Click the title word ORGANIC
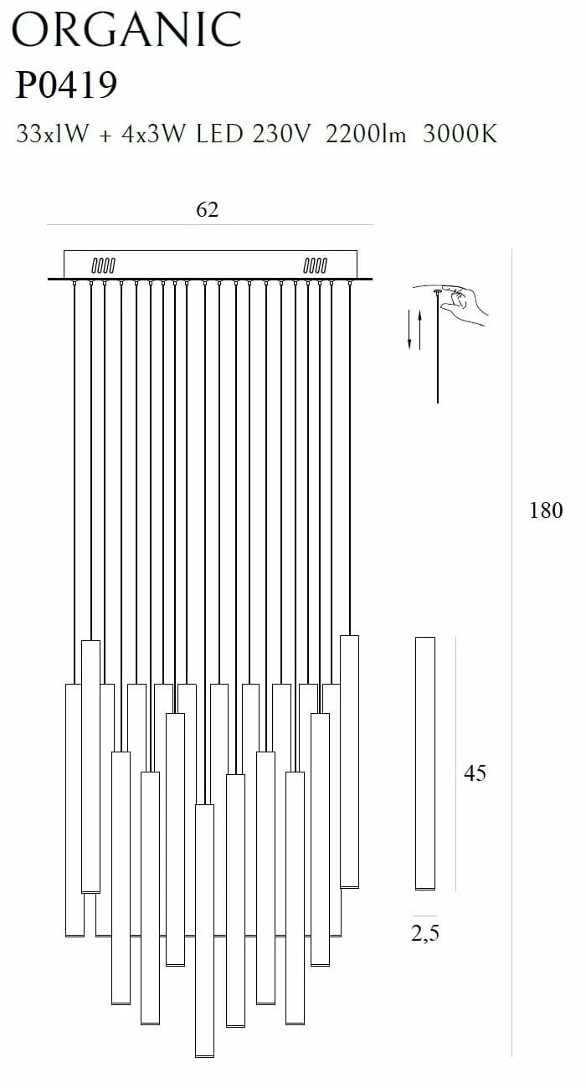(126, 29)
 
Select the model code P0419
(66, 85)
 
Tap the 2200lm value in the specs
(366, 134)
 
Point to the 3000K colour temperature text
(460, 134)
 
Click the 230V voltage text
(280, 134)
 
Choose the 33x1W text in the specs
(53, 134)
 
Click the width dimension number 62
(208, 209)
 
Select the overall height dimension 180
(546, 511)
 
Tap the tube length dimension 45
(475, 772)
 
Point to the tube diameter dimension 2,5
(425, 933)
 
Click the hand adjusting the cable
(464, 305)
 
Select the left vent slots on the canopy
(104, 265)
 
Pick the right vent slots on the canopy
(316, 265)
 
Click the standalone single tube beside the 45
(425, 763)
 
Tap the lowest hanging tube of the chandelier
(204, 931)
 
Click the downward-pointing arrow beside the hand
(409, 330)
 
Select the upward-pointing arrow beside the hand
(419, 330)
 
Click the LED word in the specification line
(219, 134)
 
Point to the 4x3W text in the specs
(153, 134)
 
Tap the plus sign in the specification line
(105, 136)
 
